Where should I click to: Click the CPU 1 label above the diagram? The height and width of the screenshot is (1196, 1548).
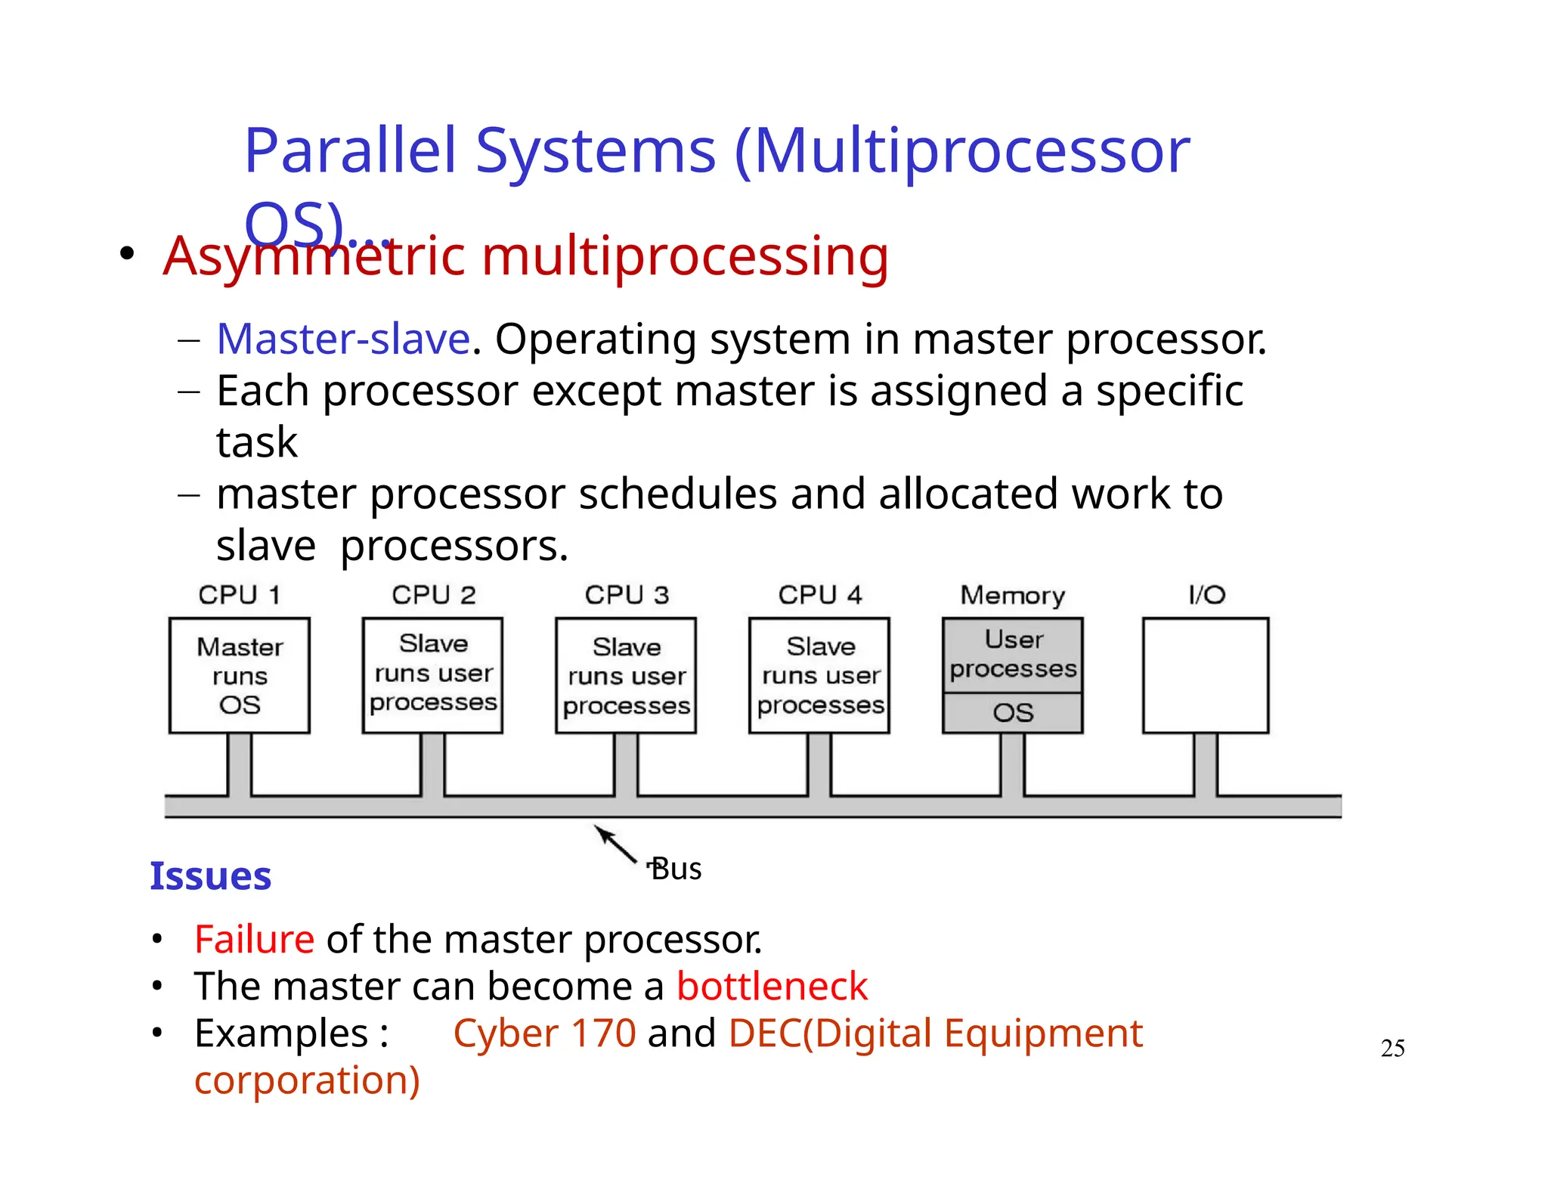(239, 595)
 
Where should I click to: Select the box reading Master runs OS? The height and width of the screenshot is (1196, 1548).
(240, 675)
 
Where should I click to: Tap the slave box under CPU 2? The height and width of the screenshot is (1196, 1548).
(432, 674)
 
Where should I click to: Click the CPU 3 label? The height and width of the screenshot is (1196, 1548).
(627, 595)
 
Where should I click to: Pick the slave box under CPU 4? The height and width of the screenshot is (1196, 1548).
(819, 675)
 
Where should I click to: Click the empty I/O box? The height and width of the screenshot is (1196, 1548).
(1205, 675)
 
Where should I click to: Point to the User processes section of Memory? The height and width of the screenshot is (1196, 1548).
(1012, 655)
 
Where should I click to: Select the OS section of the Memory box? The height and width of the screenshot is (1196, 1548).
(1012, 712)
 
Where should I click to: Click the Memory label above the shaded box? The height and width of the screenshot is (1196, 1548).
(1012, 596)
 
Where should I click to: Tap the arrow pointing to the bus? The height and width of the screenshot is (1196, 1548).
(616, 844)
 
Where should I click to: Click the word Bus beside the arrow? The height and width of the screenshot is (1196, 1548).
(676, 869)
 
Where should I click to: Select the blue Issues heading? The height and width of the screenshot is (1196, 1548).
(210, 876)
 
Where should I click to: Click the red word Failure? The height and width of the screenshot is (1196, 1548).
(254, 940)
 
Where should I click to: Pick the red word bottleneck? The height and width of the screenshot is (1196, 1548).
(772, 987)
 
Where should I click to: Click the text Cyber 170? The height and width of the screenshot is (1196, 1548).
(544, 1033)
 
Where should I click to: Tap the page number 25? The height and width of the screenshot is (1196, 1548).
(1392, 1048)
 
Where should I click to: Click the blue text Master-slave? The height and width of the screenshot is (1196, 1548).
(343, 339)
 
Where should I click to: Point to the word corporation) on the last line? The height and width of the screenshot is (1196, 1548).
(307, 1080)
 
